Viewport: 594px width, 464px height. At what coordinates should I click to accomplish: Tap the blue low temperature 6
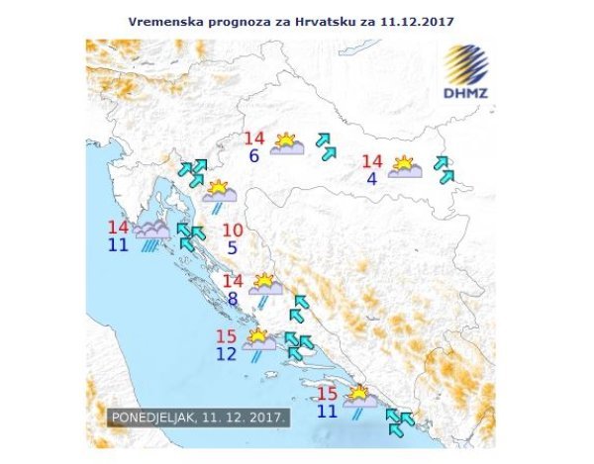click(254, 156)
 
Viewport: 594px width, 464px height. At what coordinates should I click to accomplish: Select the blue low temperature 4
click(371, 179)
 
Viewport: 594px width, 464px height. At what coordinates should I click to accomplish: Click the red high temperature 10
click(232, 231)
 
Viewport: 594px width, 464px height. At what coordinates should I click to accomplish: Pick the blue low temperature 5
click(232, 248)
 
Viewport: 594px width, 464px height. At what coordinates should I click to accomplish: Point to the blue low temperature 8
click(232, 299)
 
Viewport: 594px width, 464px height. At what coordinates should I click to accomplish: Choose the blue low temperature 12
click(227, 353)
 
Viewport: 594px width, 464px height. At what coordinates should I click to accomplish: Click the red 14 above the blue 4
click(372, 162)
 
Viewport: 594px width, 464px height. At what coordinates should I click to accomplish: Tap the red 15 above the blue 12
click(227, 335)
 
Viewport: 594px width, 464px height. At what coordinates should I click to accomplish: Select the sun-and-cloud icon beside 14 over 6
click(287, 145)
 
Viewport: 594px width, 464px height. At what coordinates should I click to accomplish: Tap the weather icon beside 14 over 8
click(264, 287)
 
